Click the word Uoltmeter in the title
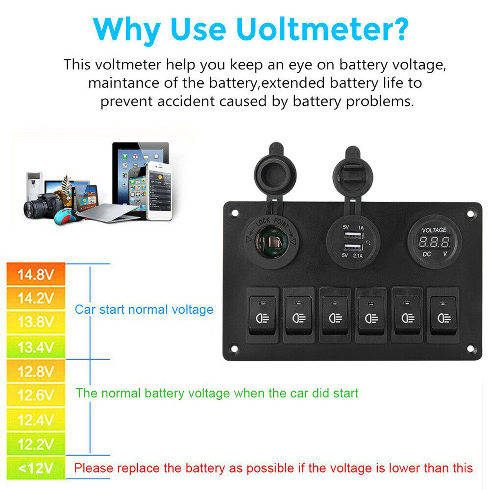[322, 29]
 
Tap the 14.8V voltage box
[36, 274]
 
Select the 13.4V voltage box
[36, 347]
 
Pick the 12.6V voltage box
[36, 395]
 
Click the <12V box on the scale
[36, 468]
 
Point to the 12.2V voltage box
[36, 444]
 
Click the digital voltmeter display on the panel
[434, 243]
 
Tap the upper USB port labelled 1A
[353, 235]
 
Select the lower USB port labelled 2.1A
[353, 247]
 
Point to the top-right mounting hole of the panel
[470, 213]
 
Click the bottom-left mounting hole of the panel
[234, 349]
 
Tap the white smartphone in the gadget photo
[159, 191]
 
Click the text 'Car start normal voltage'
[144, 310]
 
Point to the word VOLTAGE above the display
[434, 230]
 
